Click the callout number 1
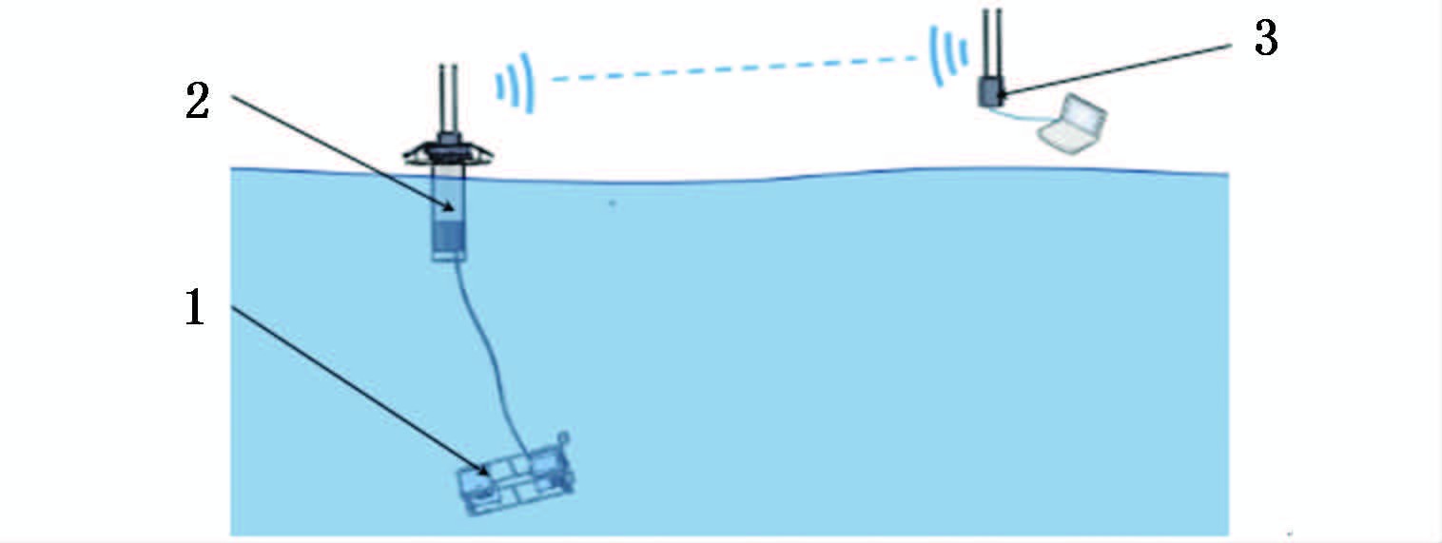click(x=193, y=308)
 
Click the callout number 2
click(x=196, y=103)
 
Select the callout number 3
click(x=1265, y=41)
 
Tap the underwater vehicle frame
click(x=517, y=480)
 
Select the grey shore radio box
click(x=990, y=93)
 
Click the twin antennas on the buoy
click(x=447, y=95)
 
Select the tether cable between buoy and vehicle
click(x=490, y=361)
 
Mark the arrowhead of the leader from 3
click(x=1002, y=92)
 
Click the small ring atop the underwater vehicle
click(x=563, y=437)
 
